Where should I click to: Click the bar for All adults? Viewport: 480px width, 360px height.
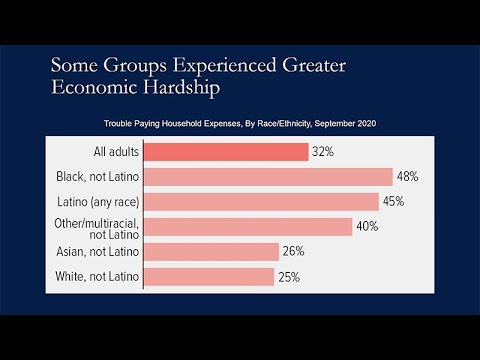tap(226, 152)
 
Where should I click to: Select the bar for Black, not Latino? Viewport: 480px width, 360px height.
tap(268, 177)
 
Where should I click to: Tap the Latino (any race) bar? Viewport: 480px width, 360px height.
tap(262, 202)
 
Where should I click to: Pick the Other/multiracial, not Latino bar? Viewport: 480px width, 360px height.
tap(248, 227)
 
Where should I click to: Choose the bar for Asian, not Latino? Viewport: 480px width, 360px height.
tap(212, 252)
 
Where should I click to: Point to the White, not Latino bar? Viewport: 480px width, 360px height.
tap(209, 277)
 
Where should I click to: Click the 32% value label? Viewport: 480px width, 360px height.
tap(323, 152)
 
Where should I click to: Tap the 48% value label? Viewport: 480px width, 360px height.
tap(407, 176)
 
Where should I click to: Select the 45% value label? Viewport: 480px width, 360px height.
tap(393, 201)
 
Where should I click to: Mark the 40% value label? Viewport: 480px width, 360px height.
tap(367, 226)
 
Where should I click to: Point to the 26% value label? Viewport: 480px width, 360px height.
tap(293, 251)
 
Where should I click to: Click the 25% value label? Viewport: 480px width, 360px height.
tap(289, 277)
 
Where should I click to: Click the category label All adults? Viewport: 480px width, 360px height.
tap(116, 152)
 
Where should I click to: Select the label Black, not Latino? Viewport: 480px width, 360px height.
tap(97, 177)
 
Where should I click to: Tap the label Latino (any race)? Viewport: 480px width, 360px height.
tap(98, 202)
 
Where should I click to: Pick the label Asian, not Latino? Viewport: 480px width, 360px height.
tap(97, 252)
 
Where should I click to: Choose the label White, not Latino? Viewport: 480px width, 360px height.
tap(97, 276)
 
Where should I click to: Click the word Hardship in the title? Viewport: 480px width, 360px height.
tap(182, 88)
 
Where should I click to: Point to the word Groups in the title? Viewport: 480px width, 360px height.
tap(135, 65)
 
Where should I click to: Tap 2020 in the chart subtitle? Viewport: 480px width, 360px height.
tap(367, 123)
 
